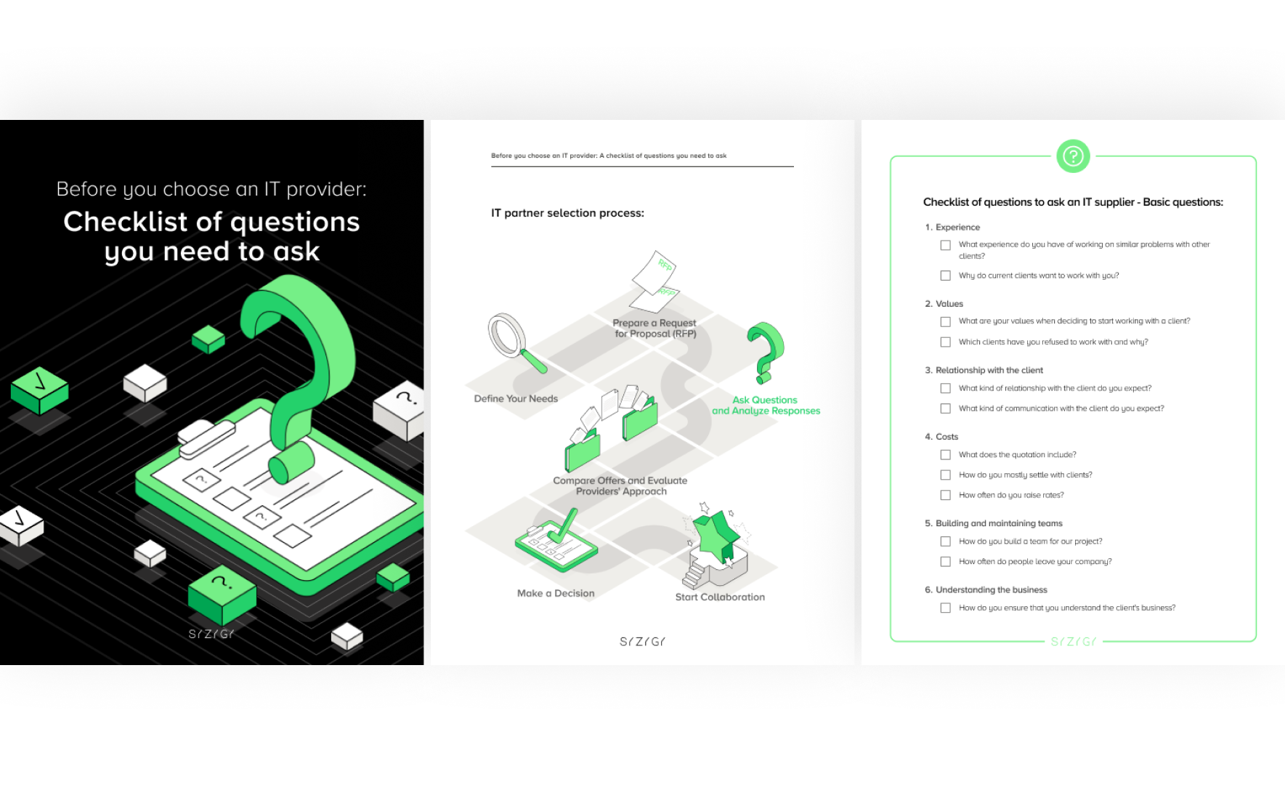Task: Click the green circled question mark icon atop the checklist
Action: pyautogui.click(x=1073, y=156)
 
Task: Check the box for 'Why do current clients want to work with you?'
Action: pyautogui.click(x=945, y=275)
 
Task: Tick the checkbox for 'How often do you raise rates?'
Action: pyautogui.click(x=945, y=495)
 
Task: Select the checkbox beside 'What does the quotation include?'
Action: pyautogui.click(x=945, y=454)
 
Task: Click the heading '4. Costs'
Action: pyautogui.click(x=941, y=437)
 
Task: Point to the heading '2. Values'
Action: pyautogui.click(x=944, y=304)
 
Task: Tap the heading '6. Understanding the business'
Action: pyautogui.click(x=986, y=589)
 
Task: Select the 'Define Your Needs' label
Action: pyautogui.click(x=516, y=398)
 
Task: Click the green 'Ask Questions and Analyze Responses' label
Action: pyautogui.click(x=766, y=406)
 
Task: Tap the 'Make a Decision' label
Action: pyautogui.click(x=556, y=593)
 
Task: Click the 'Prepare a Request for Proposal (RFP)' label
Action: pyautogui.click(x=654, y=329)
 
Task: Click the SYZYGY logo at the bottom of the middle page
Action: pyautogui.click(x=642, y=641)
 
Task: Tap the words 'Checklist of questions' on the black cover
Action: pyautogui.click(x=211, y=222)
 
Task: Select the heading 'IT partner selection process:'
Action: pyautogui.click(x=567, y=213)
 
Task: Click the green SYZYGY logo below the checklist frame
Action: pyautogui.click(x=1073, y=641)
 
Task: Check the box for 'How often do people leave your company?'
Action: pyautogui.click(x=945, y=561)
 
